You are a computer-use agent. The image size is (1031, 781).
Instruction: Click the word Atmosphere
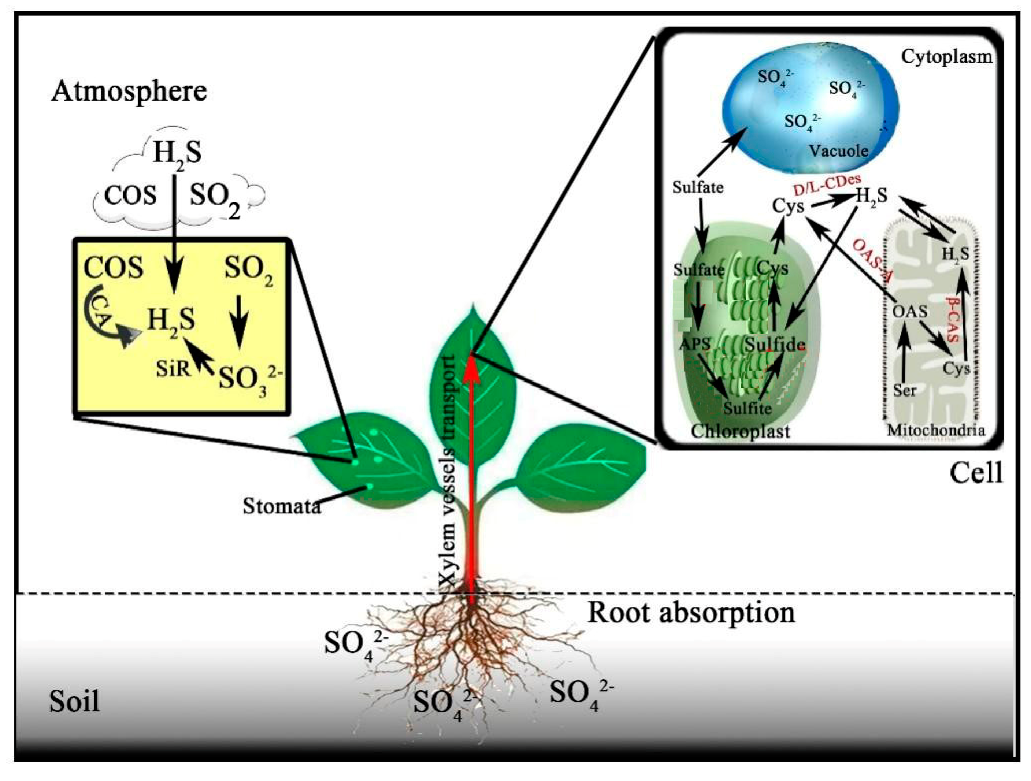click(x=129, y=91)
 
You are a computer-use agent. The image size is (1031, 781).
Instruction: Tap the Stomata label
click(x=282, y=506)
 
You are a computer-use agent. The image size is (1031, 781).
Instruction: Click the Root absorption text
click(x=691, y=613)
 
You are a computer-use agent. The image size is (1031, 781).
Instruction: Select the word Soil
click(x=75, y=701)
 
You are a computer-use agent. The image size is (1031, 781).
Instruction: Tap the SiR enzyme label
click(x=173, y=369)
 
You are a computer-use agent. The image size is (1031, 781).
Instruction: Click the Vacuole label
click(x=838, y=150)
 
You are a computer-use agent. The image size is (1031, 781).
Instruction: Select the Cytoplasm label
click(x=946, y=57)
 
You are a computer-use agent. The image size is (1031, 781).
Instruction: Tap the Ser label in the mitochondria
click(x=904, y=390)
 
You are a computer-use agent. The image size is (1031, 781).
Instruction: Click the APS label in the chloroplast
click(x=694, y=344)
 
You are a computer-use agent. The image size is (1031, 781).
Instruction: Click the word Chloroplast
click(x=740, y=431)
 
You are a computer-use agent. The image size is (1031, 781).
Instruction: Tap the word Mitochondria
click(x=935, y=430)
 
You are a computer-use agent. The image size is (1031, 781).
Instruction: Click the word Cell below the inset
click(x=976, y=474)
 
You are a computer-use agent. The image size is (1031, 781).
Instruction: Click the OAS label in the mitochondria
click(x=909, y=311)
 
